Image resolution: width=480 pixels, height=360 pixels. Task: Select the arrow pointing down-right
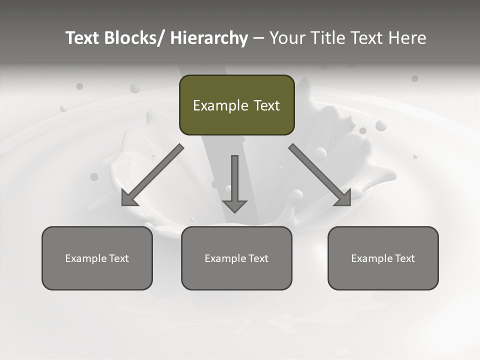pos(319,175)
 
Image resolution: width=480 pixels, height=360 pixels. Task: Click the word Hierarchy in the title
pos(209,38)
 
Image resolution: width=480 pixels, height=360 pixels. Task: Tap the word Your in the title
pos(286,38)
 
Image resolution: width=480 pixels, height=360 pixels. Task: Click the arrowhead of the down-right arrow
pos(343,198)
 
